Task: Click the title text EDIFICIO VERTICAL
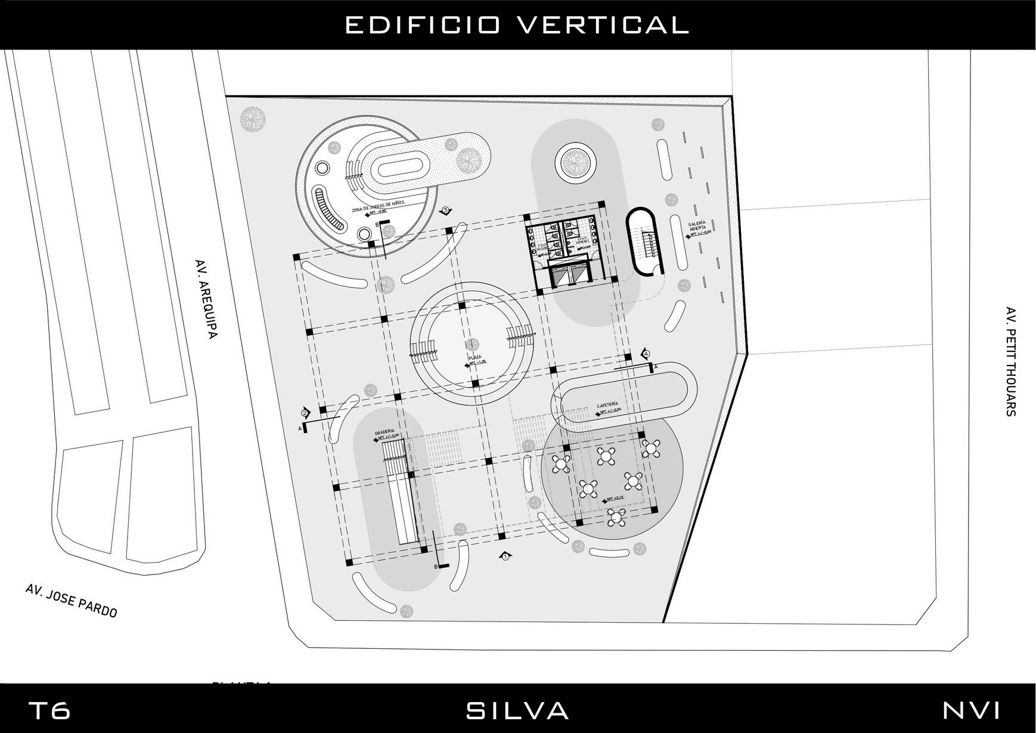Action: [517, 25]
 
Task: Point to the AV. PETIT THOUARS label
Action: [1010, 361]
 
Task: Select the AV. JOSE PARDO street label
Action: [72, 600]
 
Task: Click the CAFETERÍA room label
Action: [608, 406]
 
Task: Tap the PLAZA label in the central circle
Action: [475, 358]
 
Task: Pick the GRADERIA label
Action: [384, 432]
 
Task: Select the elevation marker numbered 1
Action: [505, 556]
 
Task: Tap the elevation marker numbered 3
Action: [446, 211]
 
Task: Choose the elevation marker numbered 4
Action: [645, 352]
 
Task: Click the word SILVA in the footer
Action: [517, 711]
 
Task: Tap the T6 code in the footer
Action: [49, 711]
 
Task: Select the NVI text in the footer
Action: [971, 711]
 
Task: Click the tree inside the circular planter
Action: [575, 161]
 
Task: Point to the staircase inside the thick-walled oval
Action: [646, 243]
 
